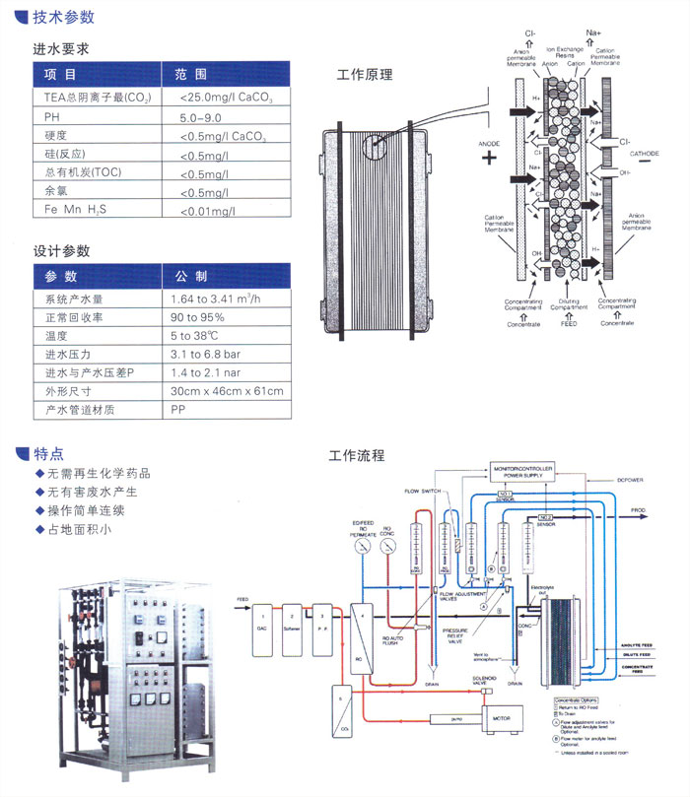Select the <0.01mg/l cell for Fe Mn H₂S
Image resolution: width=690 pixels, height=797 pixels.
click(211, 211)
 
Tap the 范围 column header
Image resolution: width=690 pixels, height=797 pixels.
click(191, 74)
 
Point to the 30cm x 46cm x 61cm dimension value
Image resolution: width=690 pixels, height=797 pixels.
click(226, 391)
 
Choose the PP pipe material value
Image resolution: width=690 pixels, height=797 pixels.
click(178, 409)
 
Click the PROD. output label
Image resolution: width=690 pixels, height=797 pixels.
click(639, 510)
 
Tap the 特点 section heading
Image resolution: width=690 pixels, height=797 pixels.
click(48, 455)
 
